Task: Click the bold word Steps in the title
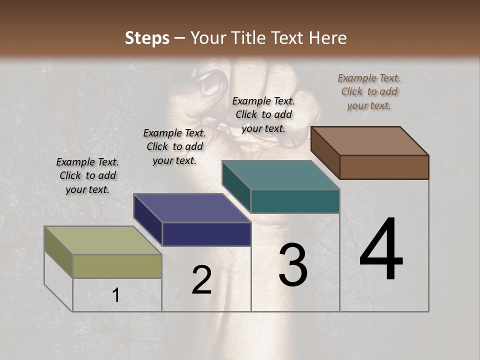coord(147,38)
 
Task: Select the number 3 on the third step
coord(293,265)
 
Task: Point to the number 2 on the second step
coord(201,280)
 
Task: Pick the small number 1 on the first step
coord(116,295)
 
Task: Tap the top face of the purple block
coord(192,208)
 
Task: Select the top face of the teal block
coord(280,175)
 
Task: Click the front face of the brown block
coord(384,167)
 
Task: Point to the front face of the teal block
coord(295,201)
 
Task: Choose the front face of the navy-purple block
coord(206,234)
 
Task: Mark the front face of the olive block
coord(117,266)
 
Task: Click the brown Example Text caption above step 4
coord(369,91)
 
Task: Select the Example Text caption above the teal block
coord(263,114)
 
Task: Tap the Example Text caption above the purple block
coord(174,146)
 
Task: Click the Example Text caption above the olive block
coord(87,175)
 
